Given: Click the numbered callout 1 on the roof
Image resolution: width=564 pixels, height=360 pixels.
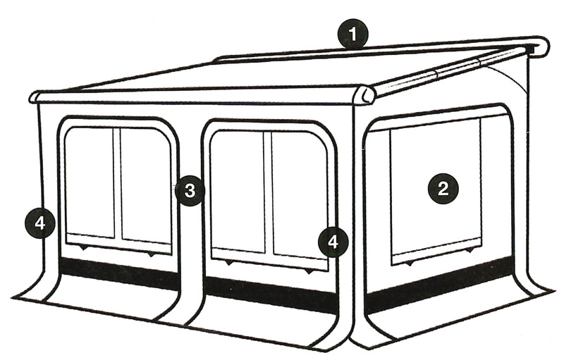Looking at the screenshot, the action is (353, 35).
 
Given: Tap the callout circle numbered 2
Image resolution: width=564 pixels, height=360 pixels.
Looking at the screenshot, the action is (443, 189).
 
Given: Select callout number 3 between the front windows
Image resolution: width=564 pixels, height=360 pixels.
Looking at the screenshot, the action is (190, 191).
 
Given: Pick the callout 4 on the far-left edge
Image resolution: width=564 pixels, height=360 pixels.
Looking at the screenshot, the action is (40, 224).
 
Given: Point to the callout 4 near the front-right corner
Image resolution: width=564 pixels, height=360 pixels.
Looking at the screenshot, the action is (333, 242).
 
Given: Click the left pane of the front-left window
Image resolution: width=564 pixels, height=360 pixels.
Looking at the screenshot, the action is (90, 182).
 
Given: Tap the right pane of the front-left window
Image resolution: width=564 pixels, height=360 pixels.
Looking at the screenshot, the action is (146, 186).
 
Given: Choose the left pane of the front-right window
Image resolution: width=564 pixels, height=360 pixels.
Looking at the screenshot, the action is (238, 192).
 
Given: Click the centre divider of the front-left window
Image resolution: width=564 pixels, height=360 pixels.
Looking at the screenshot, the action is (117, 183).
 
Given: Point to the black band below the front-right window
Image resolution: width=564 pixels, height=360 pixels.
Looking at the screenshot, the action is (271, 291).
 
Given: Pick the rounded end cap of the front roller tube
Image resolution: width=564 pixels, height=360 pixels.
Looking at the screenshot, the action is (367, 96).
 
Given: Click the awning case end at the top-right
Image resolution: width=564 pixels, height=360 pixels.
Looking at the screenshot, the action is (539, 46).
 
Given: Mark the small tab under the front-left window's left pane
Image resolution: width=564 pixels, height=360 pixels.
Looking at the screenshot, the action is (83, 248).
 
